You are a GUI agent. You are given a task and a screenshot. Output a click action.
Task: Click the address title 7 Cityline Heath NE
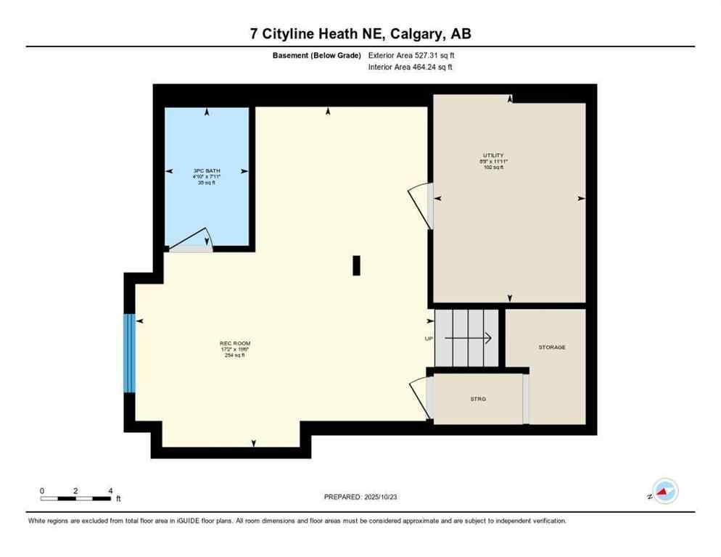tap(360, 33)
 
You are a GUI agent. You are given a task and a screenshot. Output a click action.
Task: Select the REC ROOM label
tap(235, 343)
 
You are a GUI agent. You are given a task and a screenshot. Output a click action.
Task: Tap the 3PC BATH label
tap(207, 170)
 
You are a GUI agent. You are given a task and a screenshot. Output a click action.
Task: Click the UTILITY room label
tap(493, 155)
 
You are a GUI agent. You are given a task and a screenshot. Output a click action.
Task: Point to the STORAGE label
tap(551, 347)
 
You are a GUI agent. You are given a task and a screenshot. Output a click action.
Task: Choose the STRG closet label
tap(477, 399)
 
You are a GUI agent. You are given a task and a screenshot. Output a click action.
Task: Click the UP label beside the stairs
tap(429, 339)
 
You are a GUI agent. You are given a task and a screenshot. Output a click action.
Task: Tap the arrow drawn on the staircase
tap(469, 338)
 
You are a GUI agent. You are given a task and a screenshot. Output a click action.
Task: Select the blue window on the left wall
tap(129, 353)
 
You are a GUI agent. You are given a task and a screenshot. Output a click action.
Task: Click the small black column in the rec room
tap(356, 265)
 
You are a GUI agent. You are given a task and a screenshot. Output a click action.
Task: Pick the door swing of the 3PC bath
tap(192, 239)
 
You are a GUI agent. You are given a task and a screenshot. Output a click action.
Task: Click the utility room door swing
tap(419, 205)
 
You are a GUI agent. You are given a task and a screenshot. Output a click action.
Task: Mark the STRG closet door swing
tap(419, 396)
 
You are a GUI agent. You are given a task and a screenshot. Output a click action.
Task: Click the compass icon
tap(664, 491)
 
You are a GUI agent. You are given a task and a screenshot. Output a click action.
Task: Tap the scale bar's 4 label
tap(110, 491)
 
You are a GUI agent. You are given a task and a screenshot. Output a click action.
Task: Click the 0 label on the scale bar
tap(42, 491)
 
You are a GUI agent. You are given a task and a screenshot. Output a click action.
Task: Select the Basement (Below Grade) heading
tap(316, 55)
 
